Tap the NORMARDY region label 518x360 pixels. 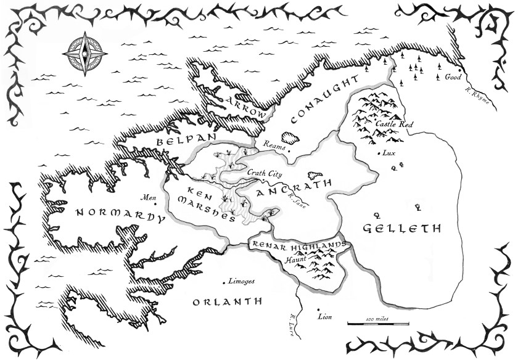tap(120, 215)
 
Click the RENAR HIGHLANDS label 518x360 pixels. tap(298, 245)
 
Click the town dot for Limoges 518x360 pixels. tap(223, 283)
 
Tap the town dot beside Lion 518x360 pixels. tap(318, 309)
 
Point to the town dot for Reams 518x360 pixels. tap(286, 148)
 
